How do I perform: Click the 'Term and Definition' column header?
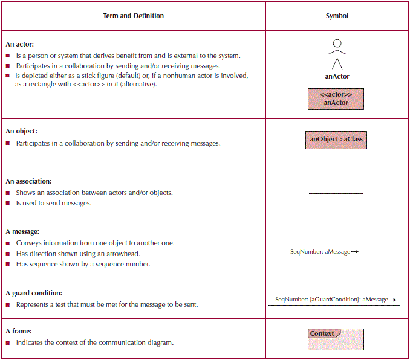click(133, 16)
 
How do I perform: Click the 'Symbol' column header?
click(337, 16)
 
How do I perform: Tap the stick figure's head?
click(337, 43)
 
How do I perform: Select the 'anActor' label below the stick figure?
click(337, 76)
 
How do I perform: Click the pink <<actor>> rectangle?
click(336, 98)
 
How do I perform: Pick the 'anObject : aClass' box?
click(336, 140)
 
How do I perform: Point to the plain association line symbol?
click(336, 193)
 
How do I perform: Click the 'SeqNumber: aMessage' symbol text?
click(321, 252)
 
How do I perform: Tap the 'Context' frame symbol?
click(336, 339)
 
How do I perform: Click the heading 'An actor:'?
click(20, 44)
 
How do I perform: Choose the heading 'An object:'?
click(22, 131)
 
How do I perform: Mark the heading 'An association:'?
click(28, 181)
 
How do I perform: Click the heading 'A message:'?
click(22, 231)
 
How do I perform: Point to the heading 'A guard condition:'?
click(34, 293)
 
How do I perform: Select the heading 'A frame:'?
click(19, 331)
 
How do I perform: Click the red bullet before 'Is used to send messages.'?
click(8, 204)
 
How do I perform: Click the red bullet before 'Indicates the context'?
click(8, 343)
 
